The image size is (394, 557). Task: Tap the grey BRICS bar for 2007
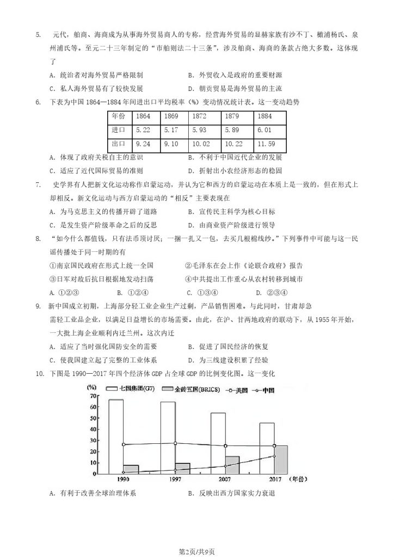click(x=232, y=465)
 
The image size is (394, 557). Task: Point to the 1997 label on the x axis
click(x=175, y=480)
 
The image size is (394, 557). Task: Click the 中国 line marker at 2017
click(x=274, y=456)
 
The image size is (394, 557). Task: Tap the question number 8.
click(x=38, y=238)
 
